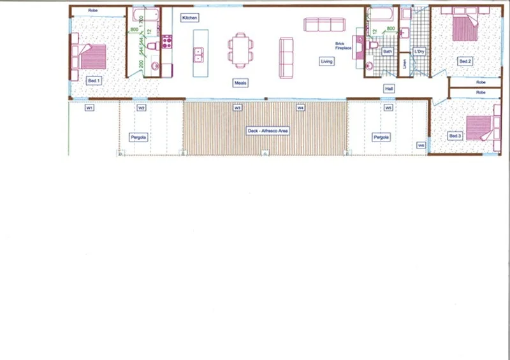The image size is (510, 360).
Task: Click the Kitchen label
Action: click(x=189, y=18)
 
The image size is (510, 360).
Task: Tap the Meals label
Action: click(x=240, y=83)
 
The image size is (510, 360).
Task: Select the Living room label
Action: click(x=326, y=61)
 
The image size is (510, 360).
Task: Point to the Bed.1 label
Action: click(x=94, y=80)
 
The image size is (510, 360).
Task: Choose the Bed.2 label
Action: click(x=465, y=61)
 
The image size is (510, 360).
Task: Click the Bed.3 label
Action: click(x=455, y=136)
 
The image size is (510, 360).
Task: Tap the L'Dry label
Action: click(x=419, y=51)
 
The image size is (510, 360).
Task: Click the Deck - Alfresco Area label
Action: click(x=268, y=130)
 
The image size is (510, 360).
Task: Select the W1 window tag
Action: click(x=90, y=108)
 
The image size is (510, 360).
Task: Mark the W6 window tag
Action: click(x=421, y=145)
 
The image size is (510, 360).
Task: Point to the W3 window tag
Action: click(x=238, y=108)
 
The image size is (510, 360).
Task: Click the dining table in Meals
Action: click(x=240, y=49)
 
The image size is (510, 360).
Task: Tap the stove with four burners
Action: click(x=167, y=42)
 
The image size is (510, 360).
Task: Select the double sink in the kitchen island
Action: click(x=198, y=55)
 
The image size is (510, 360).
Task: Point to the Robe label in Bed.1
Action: click(x=92, y=11)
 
